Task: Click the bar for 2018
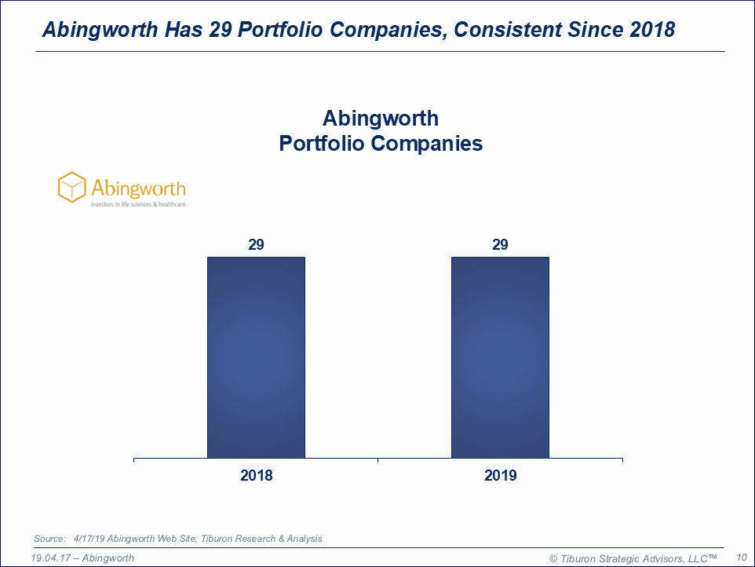coord(256,357)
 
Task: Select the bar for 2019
coord(500,357)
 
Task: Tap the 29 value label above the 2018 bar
coord(256,245)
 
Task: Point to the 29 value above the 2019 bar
coord(500,245)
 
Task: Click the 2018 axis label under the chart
coord(256,475)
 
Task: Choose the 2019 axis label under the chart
coord(501,475)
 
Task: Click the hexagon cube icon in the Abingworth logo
coord(71,188)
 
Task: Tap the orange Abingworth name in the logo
coord(138,188)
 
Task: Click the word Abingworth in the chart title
coord(381,119)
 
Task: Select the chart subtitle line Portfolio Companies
coord(381,144)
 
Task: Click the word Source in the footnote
coord(49,539)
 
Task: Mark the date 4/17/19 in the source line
coord(89,539)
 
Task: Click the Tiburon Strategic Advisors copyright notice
coord(633,558)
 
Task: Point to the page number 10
coord(742,557)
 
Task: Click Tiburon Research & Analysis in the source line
coord(261,539)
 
